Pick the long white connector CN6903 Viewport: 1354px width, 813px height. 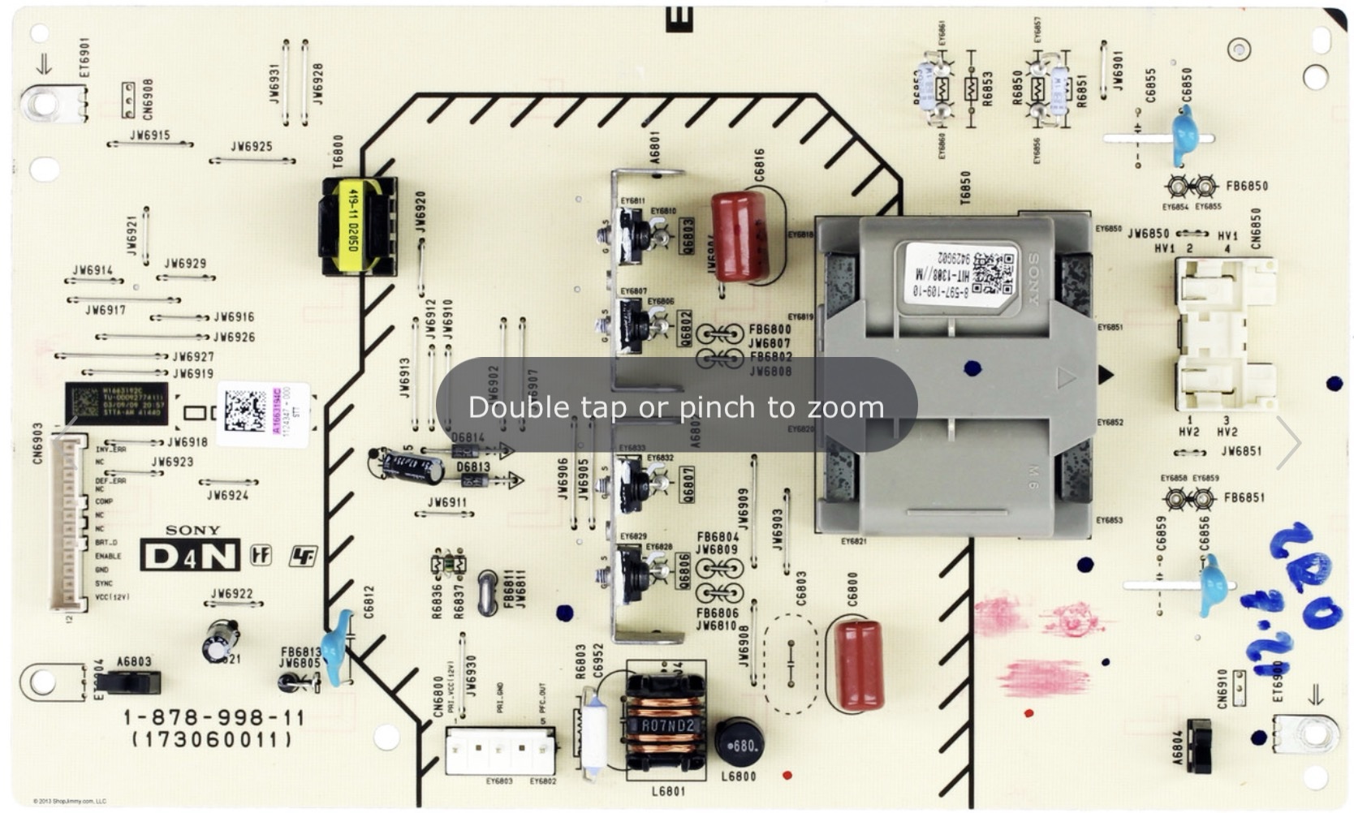point(67,523)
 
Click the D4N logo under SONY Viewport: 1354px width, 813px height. point(190,556)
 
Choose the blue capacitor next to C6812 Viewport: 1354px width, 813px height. point(336,644)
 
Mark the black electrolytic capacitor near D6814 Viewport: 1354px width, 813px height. point(412,468)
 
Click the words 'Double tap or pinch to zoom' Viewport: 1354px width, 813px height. point(676,406)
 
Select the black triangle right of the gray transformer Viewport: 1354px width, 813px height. point(1106,375)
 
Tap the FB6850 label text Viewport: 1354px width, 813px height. point(1246,186)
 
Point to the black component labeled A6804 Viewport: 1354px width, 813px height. point(1198,745)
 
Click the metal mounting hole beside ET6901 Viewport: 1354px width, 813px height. point(42,104)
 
